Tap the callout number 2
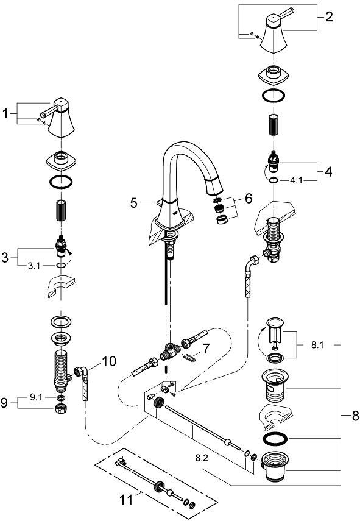tap(329, 17)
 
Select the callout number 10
tap(109, 362)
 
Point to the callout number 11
tap(125, 500)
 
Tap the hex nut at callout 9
tap(60, 407)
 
